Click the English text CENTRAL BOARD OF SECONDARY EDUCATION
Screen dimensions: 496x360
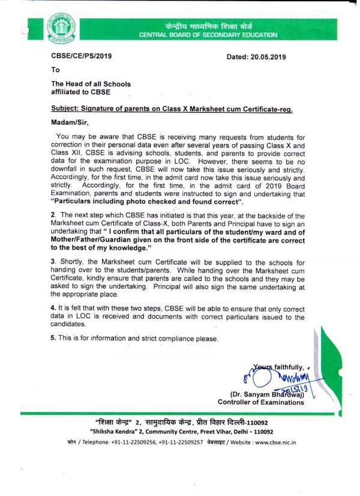click(208, 35)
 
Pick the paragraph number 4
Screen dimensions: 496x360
click(53, 307)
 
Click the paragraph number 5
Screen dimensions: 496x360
click(53, 339)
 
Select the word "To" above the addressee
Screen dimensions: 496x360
click(55, 70)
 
